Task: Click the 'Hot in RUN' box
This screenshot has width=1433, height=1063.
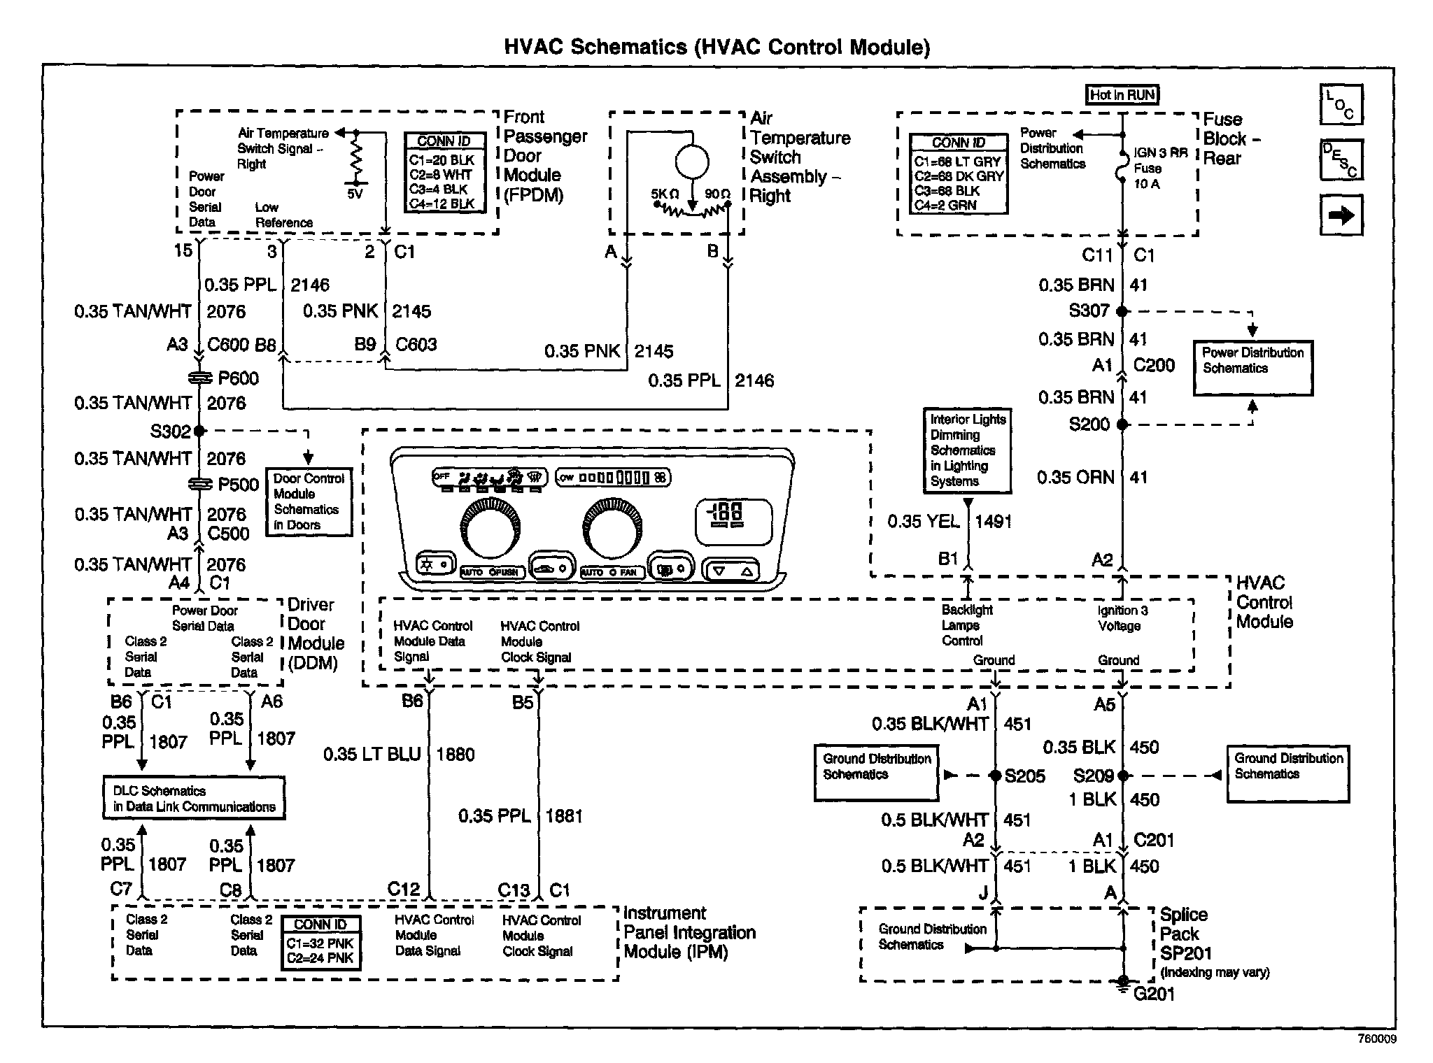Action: pos(1122,95)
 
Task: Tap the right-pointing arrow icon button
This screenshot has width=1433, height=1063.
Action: pos(1341,215)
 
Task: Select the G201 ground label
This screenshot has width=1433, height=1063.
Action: pos(1154,994)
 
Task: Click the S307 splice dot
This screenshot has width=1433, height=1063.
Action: pos(1122,311)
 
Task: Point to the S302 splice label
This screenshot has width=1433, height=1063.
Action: pos(170,431)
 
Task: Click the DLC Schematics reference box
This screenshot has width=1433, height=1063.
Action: pos(194,799)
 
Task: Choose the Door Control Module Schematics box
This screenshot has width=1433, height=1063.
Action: pos(309,501)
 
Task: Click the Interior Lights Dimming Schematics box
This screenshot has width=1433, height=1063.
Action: pos(967,450)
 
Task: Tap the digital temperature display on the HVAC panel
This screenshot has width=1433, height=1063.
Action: pos(733,520)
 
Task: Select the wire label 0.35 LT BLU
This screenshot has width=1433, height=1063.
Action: pos(372,755)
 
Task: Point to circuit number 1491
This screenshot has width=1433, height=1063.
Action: pos(993,521)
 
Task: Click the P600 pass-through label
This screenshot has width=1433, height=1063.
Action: pos(238,378)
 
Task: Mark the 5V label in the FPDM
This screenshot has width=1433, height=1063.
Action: pos(355,194)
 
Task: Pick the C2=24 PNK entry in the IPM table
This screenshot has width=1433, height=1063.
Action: pos(320,958)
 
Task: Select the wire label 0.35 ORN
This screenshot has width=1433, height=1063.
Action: pos(1075,478)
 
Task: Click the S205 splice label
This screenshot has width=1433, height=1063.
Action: pos(1024,776)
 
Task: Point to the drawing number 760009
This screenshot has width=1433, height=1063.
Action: pos(1376,1039)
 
